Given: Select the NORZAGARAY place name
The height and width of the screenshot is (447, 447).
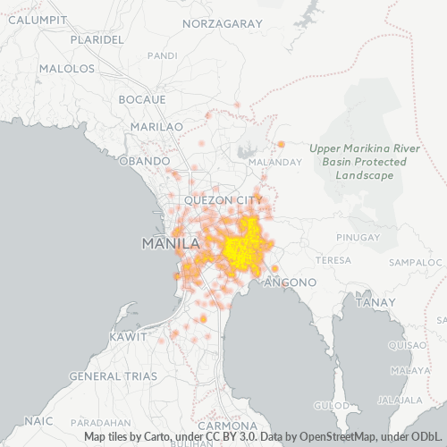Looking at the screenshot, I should [223, 21].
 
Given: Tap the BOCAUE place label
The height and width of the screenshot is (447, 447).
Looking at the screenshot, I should [142, 97].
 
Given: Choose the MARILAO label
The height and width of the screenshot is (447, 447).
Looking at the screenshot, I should [156, 127].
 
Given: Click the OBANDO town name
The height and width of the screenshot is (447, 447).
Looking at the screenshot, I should [143, 161].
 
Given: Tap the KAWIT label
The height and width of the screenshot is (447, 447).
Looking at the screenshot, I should [128, 336].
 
